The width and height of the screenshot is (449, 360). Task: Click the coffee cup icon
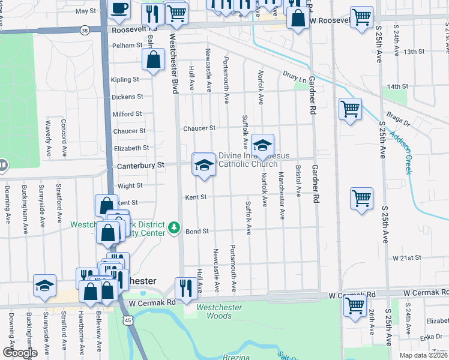pyautogui.click(x=119, y=8)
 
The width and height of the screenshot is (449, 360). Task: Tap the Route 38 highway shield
pyautogui.click(x=85, y=29)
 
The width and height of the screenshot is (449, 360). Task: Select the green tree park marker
pyautogui.click(x=173, y=227)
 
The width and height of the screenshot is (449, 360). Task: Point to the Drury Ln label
pyautogui.click(x=294, y=77)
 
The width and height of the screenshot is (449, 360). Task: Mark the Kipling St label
pyautogui.click(x=125, y=79)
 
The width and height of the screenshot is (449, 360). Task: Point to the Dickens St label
pyautogui.click(x=127, y=97)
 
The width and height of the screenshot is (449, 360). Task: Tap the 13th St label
pyautogui.click(x=414, y=52)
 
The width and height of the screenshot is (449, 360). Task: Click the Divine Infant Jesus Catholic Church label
pyautogui.click(x=247, y=160)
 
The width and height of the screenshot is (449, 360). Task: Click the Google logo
pyautogui.click(x=19, y=352)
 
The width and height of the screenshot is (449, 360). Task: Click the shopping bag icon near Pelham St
pyautogui.click(x=154, y=59)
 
